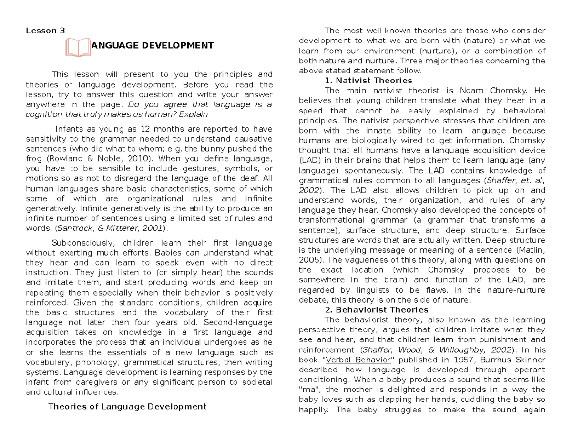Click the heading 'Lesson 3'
tap(45, 31)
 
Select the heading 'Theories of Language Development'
tap(128, 407)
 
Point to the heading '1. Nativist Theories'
tap(368, 80)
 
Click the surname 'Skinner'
tap(531, 360)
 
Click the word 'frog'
tap(35, 159)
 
